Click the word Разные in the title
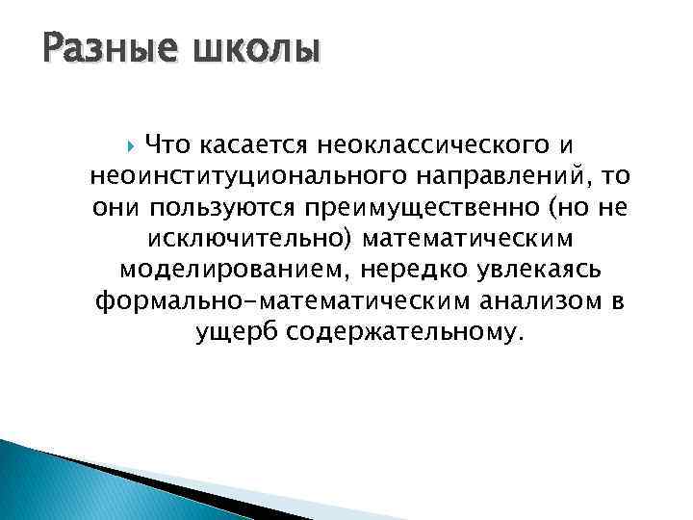tap(97, 47)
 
